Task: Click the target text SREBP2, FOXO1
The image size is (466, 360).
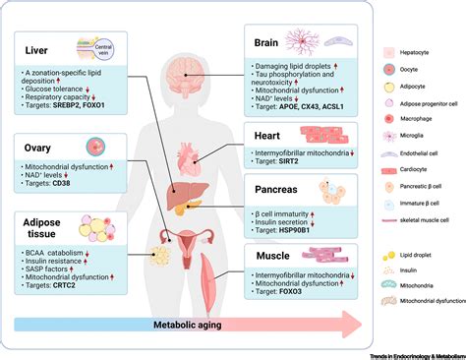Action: pos(84,102)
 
